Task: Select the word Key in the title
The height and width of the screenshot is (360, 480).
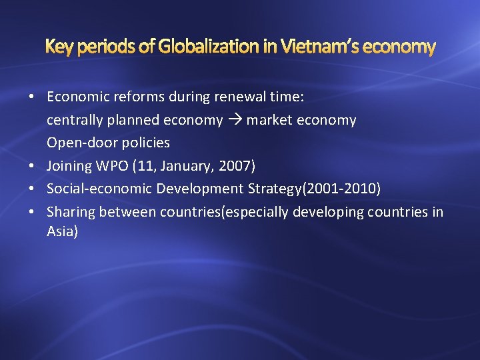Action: [x=57, y=47]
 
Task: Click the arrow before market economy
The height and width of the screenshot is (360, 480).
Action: [x=235, y=121]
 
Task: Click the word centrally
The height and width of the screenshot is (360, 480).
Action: [x=74, y=120]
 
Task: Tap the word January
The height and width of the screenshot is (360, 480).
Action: [x=188, y=166]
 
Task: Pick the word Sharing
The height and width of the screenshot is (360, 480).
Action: [x=71, y=212]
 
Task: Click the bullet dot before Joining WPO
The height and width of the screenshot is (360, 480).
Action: [x=32, y=166]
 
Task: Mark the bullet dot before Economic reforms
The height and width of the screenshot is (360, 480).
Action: [x=32, y=97]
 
